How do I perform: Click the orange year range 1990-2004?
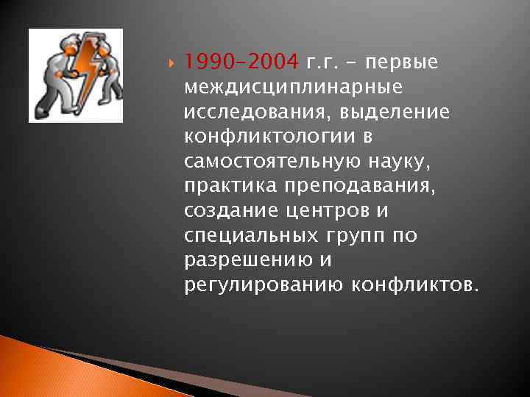(241, 61)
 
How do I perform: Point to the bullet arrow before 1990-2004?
(174, 62)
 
